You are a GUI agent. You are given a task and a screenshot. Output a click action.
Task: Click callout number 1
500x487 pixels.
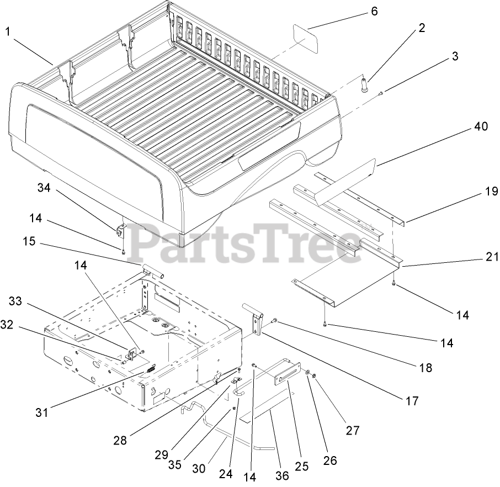pyautogui.click(x=8, y=32)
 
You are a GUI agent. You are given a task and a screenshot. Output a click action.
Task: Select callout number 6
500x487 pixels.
pyautogui.click(x=374, y=11)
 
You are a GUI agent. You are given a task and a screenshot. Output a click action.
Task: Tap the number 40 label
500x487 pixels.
pyautogui.click(x=480, y=126)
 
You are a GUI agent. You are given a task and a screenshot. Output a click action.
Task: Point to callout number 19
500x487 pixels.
pyautogui.click(x=491, y=192)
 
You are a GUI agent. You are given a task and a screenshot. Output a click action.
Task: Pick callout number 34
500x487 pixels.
pyautogui.click(x=44, y=188)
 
